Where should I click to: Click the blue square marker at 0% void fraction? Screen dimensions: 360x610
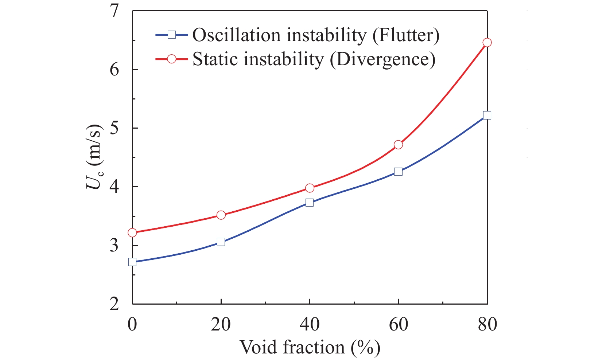(132, 262)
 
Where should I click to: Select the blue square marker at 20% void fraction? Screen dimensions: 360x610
(221, 242)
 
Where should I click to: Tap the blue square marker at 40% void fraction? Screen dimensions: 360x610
(310, 202)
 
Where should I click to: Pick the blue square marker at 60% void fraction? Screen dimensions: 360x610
(398, 172)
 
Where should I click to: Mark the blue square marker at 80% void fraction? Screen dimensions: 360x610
(487, 115)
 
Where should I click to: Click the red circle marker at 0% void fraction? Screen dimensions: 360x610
(132, 232)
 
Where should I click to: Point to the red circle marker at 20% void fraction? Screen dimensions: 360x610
(221, 215)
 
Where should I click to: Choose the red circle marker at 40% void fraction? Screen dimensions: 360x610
(310, 188)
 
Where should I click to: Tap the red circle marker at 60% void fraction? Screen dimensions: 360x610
(398, 145)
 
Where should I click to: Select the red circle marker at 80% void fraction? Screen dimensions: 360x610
(487, 43)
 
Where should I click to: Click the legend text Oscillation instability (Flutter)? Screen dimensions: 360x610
(316, 35)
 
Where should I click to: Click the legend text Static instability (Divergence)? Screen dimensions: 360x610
(314, 59)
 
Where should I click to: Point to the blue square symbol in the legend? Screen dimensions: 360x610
(172, 35)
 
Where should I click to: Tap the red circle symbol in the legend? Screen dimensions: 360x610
(172, 59)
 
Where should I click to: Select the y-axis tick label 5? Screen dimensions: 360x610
(115, 128)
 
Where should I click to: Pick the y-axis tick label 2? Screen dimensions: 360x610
(115, 304)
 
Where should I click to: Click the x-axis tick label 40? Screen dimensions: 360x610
(310, 324)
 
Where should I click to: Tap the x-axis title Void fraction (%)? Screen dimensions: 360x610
(310, 347)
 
